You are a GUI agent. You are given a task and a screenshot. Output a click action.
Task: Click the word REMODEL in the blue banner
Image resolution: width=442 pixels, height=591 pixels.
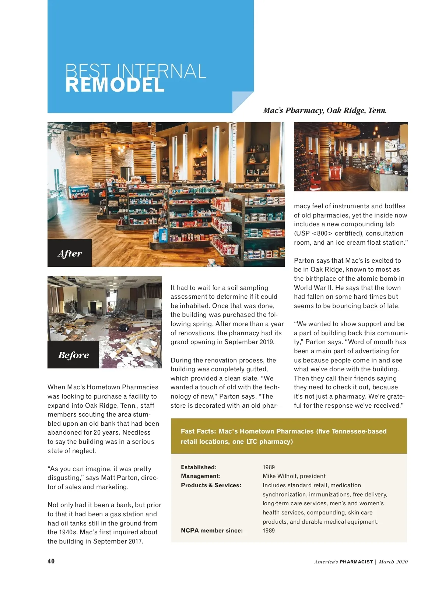click(115, 85)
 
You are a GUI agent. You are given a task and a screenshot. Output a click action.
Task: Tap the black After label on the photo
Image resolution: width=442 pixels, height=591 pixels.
click(70, 253)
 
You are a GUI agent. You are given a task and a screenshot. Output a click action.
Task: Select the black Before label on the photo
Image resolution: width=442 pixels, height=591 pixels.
click(73, 355)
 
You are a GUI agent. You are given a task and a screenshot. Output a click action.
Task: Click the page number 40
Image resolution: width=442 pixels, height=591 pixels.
click(51, 561)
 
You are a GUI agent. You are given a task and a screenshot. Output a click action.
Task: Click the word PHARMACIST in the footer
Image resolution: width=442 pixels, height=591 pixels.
click(356, 562)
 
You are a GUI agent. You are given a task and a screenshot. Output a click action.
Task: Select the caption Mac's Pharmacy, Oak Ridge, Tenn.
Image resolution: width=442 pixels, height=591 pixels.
click(325, 110)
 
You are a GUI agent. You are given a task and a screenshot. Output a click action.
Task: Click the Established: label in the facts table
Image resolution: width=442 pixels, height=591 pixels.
click(199, 467)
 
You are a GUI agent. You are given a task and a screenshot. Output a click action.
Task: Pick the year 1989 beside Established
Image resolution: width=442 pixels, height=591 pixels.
click(269, 467)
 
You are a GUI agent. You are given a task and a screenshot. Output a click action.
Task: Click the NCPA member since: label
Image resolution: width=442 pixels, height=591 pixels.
click(211, 530)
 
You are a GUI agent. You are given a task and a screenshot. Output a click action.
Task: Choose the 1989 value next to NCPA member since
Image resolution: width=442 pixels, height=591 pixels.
click(269, 530)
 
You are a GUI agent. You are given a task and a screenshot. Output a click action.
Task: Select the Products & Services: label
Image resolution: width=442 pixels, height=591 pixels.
click(211, 485)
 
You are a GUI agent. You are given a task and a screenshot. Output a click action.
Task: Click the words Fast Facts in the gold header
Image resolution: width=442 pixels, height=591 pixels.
click(197, 431)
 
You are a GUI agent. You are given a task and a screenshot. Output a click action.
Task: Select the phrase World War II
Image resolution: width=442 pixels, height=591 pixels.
click(310, 288)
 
